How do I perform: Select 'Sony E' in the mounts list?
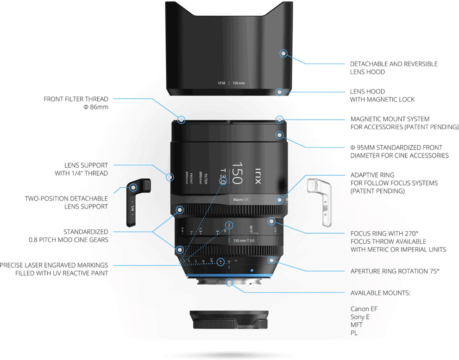tap(359, 317)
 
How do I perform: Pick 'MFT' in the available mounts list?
tap(357, 325)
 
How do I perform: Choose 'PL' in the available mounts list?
tap(354, 333)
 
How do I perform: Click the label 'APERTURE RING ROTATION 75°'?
tap(395, 271)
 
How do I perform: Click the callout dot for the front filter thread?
tap(182, 120)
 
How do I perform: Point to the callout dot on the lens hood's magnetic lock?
tap(279, 92)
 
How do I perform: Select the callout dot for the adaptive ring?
tap(279, 200)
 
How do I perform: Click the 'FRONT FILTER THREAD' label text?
tap(76, 99)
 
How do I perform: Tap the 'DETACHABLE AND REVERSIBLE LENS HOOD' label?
tap(394, 68)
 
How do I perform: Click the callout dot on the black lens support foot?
tap(133, 188)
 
